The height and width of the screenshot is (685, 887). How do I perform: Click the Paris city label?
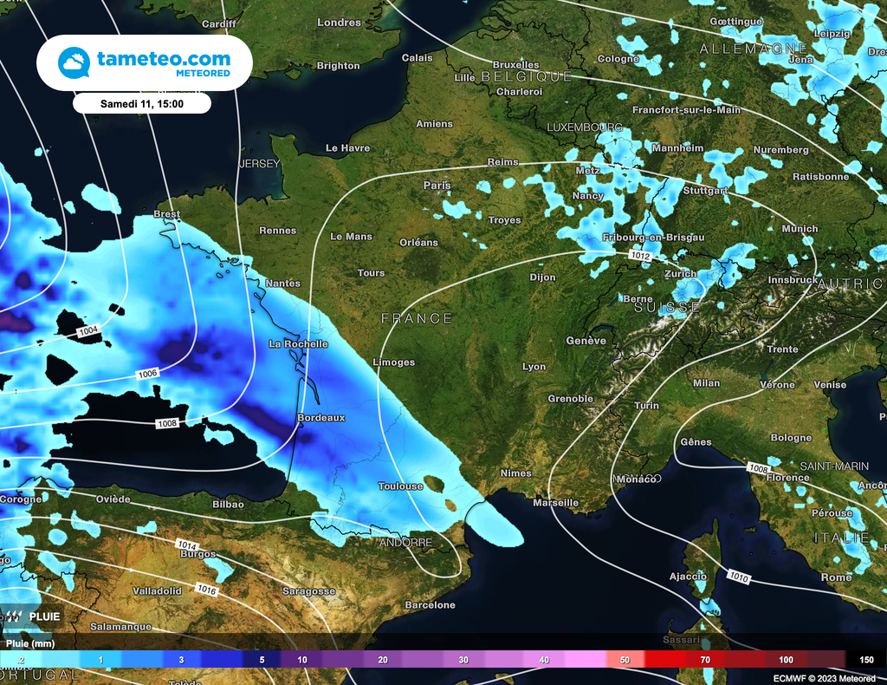click(437, 186)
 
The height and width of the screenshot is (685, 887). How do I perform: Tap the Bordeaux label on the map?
click(320, 418)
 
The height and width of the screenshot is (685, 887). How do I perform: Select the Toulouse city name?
click(400, 486)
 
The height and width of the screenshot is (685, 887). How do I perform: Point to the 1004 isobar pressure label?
click(88, 331)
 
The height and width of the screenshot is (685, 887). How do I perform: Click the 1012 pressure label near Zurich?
click(640, 256)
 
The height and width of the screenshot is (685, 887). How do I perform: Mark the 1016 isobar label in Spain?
click(207, 590)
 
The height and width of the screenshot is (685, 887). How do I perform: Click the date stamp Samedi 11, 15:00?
click(142, 103)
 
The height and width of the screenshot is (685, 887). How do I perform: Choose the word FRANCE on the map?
click(417, 319)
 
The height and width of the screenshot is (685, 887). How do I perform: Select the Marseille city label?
click(555, 503)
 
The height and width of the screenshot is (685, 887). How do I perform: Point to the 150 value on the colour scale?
click(866, 660)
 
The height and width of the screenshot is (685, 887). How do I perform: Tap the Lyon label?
click(534, 367)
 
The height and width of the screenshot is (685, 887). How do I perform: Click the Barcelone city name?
click(430, 605)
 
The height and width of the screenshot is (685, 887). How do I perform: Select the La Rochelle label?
click(298, 344)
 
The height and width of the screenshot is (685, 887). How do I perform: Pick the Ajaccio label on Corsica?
click(688, 577)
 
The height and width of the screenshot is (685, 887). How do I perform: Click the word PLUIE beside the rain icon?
click(44, 616)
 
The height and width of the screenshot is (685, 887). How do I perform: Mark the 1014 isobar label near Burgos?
click(186, 545)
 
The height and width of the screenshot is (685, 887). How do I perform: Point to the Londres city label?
click(339, 23)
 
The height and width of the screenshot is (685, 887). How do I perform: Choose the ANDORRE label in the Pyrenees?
click(405, 543)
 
